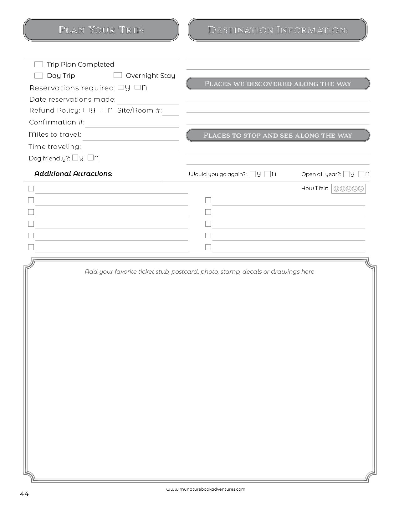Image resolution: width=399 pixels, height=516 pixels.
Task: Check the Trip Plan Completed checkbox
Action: pos(38,64)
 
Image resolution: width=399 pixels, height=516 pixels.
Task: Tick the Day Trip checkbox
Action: pos(38,76)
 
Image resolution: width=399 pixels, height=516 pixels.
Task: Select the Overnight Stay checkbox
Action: pos(118,75)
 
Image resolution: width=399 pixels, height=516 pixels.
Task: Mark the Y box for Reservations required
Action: pos(121,88)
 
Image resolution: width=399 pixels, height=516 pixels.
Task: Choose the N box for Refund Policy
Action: pos(104,110)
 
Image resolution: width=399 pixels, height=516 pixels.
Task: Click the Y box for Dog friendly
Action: pos(75,158)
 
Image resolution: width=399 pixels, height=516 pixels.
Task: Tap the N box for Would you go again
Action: pos(268,174)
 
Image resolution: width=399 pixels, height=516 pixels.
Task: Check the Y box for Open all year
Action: pos(346,174)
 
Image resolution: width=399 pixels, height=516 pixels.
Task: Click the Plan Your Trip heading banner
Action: pos(101,30)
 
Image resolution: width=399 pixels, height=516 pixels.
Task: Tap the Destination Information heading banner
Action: pos(278,30)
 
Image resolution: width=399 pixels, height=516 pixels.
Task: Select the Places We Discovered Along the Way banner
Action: pos(278,83)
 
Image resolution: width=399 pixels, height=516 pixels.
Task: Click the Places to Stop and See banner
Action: pos(278,135)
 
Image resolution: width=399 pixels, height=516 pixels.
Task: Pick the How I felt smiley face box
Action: pos(349,189)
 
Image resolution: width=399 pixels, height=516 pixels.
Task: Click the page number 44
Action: pos(24,494)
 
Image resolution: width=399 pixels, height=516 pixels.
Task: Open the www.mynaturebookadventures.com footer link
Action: pos(206,489)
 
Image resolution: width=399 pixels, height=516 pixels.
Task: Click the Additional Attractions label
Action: pos(73,174)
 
